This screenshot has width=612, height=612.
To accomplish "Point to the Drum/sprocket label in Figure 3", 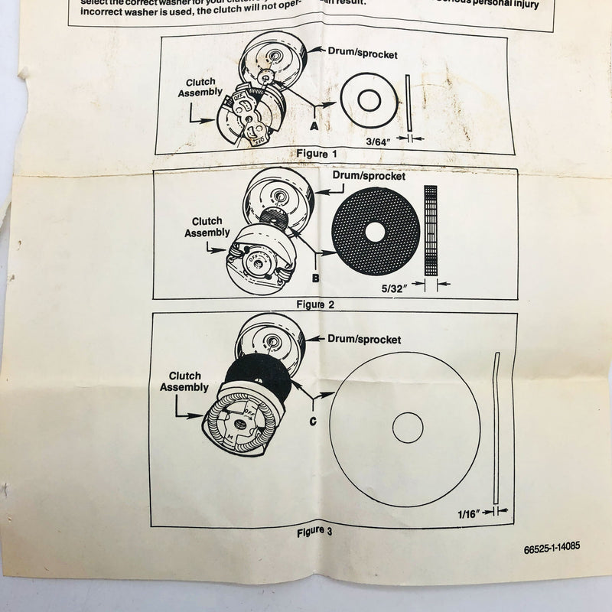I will pos(364,338).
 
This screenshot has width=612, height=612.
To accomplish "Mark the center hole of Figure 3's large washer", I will pos(408,428).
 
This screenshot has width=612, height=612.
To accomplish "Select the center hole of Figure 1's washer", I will pos(367,99).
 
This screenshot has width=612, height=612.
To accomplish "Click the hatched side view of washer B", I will pos(430,230).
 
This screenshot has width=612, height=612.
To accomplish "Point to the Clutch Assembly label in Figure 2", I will pos(207,227).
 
